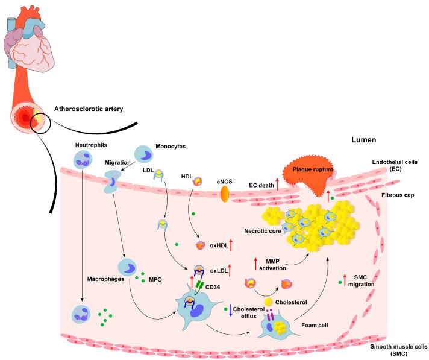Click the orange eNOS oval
[225, 193]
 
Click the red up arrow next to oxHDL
[231, 245]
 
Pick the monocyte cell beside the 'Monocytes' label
[143, 154]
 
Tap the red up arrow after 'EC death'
[277, 185]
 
